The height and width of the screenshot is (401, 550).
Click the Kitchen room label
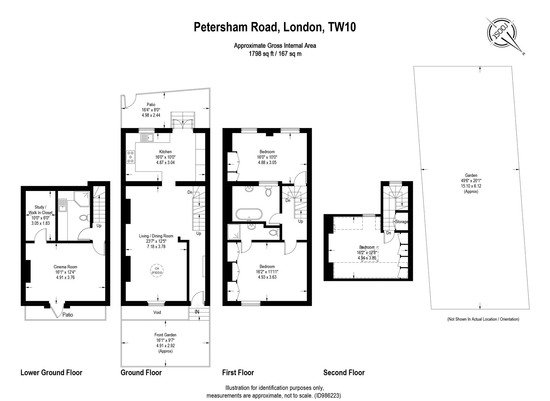[x=165, y=152]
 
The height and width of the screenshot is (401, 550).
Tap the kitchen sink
[x=147, y=138]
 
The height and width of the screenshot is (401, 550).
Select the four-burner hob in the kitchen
[x=131, y=157]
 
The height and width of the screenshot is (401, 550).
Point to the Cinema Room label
[x=65, y=267]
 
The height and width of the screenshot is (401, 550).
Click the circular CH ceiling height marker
[x=157, y=271]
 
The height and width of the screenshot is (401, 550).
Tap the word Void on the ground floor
[x=157, y=312]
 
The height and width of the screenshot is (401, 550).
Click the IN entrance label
[x=197, y=312]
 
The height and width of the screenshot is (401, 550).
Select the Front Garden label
[x=165, y=335]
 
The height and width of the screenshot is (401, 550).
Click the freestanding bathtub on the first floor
[x=249, y=214]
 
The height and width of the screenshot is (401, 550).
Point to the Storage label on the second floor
[x=401, y=222]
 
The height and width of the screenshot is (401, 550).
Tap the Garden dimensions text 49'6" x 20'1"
[x=471, y=181]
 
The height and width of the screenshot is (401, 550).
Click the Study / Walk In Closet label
[x=40, y=210]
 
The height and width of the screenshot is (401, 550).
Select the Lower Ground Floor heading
[x=51, y=372]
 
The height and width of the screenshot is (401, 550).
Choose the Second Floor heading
[x=344, y=372]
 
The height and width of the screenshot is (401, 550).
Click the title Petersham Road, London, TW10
[x=275, y=27]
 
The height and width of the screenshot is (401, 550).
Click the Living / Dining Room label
[x=156, y=236]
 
